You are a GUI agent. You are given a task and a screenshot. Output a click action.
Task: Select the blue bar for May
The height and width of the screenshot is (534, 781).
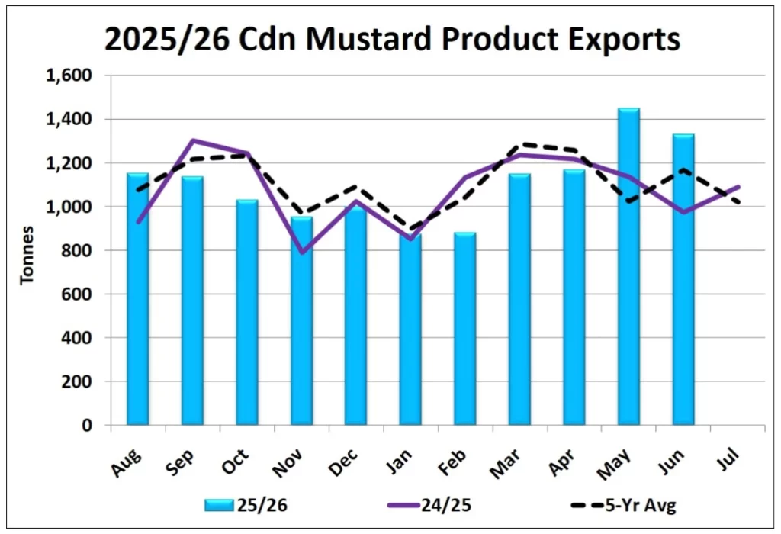tap(628, 266)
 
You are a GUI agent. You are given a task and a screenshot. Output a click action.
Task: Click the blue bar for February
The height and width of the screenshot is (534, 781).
tap(464, 329)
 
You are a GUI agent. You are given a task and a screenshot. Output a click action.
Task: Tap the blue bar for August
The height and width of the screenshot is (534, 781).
tap(137, 299)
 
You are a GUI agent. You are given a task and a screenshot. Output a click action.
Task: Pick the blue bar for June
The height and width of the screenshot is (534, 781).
tap(683, 279)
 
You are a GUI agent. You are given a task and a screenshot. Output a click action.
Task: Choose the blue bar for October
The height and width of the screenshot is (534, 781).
tap(247, 312)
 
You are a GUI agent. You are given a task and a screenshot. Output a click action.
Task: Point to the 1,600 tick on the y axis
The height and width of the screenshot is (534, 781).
tap(69, 76)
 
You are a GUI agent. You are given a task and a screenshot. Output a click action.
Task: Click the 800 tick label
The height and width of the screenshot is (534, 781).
tap(77, 250)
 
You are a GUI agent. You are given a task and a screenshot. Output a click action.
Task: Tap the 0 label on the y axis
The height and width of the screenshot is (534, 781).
tap(87, 426)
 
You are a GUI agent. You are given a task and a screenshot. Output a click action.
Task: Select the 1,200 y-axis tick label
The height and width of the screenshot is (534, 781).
tap(69, 163)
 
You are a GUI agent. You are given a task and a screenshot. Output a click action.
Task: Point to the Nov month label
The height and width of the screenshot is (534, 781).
tap(288, 463)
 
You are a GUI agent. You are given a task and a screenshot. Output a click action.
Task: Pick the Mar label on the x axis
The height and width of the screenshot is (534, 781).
tap(506, 463)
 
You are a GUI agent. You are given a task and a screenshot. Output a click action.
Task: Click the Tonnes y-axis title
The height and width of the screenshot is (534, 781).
tap(27, 256)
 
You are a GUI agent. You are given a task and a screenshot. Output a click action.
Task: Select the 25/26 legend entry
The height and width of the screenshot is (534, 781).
tap(246, 505)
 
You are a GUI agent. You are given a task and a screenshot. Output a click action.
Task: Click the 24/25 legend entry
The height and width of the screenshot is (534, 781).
tap(429, 505)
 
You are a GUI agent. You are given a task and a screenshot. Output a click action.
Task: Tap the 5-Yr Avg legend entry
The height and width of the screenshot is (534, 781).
tap(624, 505)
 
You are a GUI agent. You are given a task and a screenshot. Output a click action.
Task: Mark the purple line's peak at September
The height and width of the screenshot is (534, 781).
tap(192, 140)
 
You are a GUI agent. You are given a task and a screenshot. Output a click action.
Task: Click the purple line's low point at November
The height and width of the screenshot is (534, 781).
tap(301, 253)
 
